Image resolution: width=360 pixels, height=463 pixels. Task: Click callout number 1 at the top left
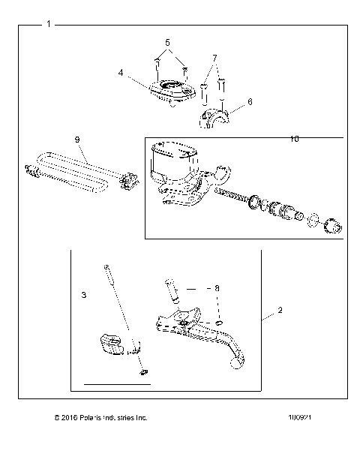(x=49, y=25)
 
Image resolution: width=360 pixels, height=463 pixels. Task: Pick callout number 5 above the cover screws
(x=168, y=42)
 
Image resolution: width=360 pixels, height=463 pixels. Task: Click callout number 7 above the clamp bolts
(x=214, y=58)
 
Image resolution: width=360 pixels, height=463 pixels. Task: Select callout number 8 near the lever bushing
(x=217, y=287)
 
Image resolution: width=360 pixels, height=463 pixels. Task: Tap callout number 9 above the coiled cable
(x=76, y=140)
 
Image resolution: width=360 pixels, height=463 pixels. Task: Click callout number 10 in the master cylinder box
(x=294, y=140)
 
